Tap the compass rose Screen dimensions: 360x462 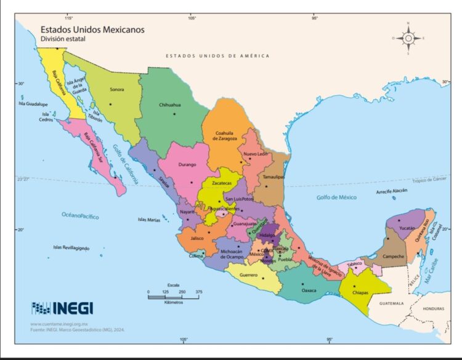tap(408, 38)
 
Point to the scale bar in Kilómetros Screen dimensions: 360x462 tap(174, 297)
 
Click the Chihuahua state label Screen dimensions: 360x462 tap(169, 105)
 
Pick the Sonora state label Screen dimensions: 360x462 tap(116, 90)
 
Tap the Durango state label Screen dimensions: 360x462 tap(187, 164)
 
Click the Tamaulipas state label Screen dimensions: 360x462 tap(274, 177)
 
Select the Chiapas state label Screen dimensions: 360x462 tap(360, 292)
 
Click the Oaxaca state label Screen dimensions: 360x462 tap(308, 290)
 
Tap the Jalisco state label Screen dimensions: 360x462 tap(197, 238)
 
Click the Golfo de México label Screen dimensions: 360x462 tap(336, 197)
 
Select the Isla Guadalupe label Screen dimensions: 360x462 tap(31, 104)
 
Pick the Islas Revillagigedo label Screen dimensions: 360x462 tap(71, 247)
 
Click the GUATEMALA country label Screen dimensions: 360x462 tap(391, 303)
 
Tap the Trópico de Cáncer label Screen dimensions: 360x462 tap(429, 178)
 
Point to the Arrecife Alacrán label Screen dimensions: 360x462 tap(392, 191)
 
